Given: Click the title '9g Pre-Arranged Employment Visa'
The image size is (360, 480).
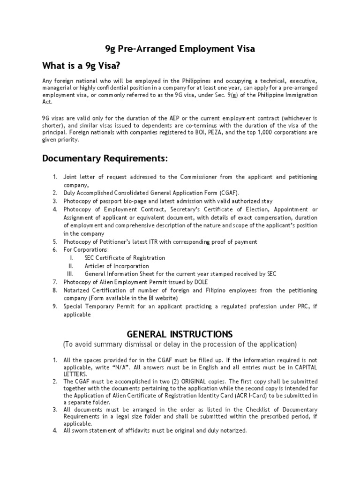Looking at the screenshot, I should click(x=180, y=49).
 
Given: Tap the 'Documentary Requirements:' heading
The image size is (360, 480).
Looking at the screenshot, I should click(x=105, y=158).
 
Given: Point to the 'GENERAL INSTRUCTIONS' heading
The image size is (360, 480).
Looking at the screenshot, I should click(x=180, y=334).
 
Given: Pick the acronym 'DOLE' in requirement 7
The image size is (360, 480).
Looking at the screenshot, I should click(x=198, y=282).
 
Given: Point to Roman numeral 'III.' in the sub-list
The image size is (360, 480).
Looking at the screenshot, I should click(x=71, y=274).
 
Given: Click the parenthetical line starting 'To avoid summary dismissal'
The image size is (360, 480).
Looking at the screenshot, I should click(x=180, y=345).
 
